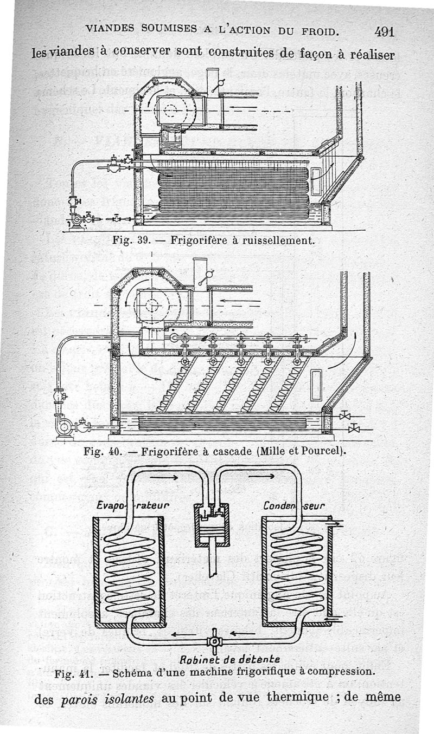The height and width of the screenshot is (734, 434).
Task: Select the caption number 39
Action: [x=143, y=239]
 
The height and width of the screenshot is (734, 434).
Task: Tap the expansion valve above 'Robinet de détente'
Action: [x=214, y=642]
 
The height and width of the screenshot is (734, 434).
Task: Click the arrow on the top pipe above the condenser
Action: [x=264, y=476]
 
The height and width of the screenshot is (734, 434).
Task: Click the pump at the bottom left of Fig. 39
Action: [x=76, y=219]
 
